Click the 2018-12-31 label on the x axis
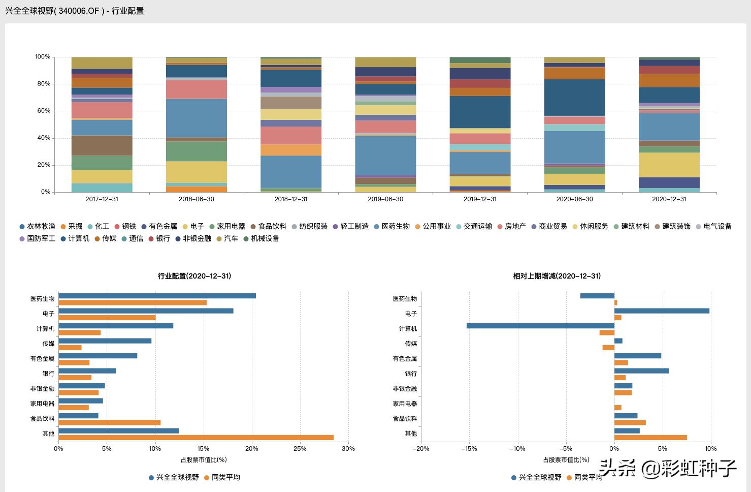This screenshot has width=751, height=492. click(291, 199)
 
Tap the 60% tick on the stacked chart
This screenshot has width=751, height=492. click(43, 111)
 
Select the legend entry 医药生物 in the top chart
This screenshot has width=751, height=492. click(395, 226)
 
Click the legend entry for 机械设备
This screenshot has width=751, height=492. click(265, 238)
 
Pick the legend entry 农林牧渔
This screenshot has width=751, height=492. click(41, 226)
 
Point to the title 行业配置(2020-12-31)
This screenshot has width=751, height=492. click(194, 276)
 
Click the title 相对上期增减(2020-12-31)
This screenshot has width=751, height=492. click(557, 276)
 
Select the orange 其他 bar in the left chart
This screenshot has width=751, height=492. click(196, 438)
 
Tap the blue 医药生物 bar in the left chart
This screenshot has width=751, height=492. click(157, 296)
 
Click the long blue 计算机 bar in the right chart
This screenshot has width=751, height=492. click(540, 326)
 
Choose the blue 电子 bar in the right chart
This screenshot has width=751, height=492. click(662, 311)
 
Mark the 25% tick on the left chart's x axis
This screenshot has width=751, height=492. click(300, 449)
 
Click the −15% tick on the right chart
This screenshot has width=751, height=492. click(469, 449)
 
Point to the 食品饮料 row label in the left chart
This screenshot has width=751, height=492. click(42, 419)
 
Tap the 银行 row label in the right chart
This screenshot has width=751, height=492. click(411, 374)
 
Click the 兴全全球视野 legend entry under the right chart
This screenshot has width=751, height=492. click(540, 478)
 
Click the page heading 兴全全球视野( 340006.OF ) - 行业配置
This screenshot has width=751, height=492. click(75, 11)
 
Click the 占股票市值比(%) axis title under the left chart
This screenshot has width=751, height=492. click(204, 460)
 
